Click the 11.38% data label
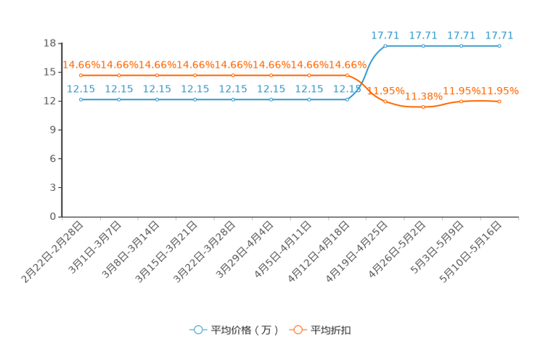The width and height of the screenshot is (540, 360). pyautogui.click(x=423, y=97)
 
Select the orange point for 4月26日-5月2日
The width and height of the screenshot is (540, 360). pyautogui.click(x=423, y=107)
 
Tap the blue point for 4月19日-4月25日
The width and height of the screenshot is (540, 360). pyautogui.click(x=385, y=46)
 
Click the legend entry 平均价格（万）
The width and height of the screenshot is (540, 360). pyautogui.click(x=234, y=330)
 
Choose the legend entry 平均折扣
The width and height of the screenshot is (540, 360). pyautogui.click(x=320, y=330)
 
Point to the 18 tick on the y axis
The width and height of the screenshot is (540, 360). pyautogui.click(x=49, y=43)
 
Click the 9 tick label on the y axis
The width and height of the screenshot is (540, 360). pyautogui.click(x=53, y=130)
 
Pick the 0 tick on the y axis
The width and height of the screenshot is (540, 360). pyautogui.click(x=53, y=217)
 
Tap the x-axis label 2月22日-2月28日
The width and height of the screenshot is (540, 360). pyautogui.click(x=52, y=253)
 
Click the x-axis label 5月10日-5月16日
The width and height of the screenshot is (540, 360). pyautogui.click(x=470, y=252)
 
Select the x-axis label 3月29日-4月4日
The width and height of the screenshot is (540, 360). pyautogui.click(x=245, y=250)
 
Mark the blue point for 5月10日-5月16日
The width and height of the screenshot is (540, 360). pyautogui.click(x=499, y=46)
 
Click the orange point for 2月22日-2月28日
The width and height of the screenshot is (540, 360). pyautogui.click(x=81, y=75)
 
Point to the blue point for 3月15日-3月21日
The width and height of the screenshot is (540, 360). pyautogui.click(x=195, y=99)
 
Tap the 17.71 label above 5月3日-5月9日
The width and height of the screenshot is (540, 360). pyautogui.click(x=461, y=35)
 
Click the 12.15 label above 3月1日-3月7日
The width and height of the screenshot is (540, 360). pyautogui.click(x=119, y=89)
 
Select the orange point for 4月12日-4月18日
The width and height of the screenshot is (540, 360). pyautogui.click(x=347, y=75)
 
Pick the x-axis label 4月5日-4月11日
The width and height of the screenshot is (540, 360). pyautogui.click(x=283, y=250)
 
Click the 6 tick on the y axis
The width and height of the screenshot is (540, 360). pyautogui.click(x=53, y=159)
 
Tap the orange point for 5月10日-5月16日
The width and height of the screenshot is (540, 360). pyautogui.click(x=499, y=102)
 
